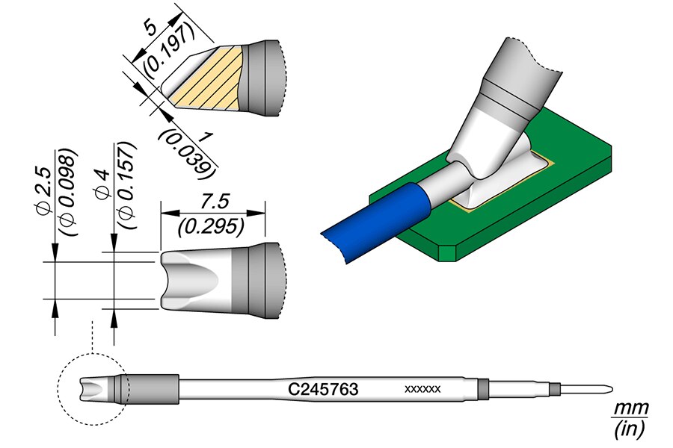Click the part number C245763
click(x=324, y=389)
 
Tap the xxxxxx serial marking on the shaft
click(x=422, y=389)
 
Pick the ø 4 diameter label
click(x=103, y=186)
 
